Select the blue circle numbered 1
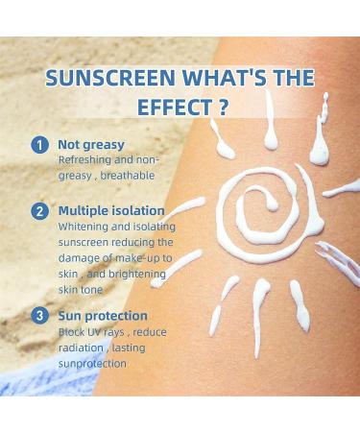[x=39, y=145]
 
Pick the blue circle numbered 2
[x=39, y=210]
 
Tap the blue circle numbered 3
[x=39, y=315]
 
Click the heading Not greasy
[x=92, y=145]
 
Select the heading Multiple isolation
[x=110, y=210]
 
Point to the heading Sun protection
[x=103, y=315]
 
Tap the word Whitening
[x=84, y=226]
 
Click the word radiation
[x=81, y=348]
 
